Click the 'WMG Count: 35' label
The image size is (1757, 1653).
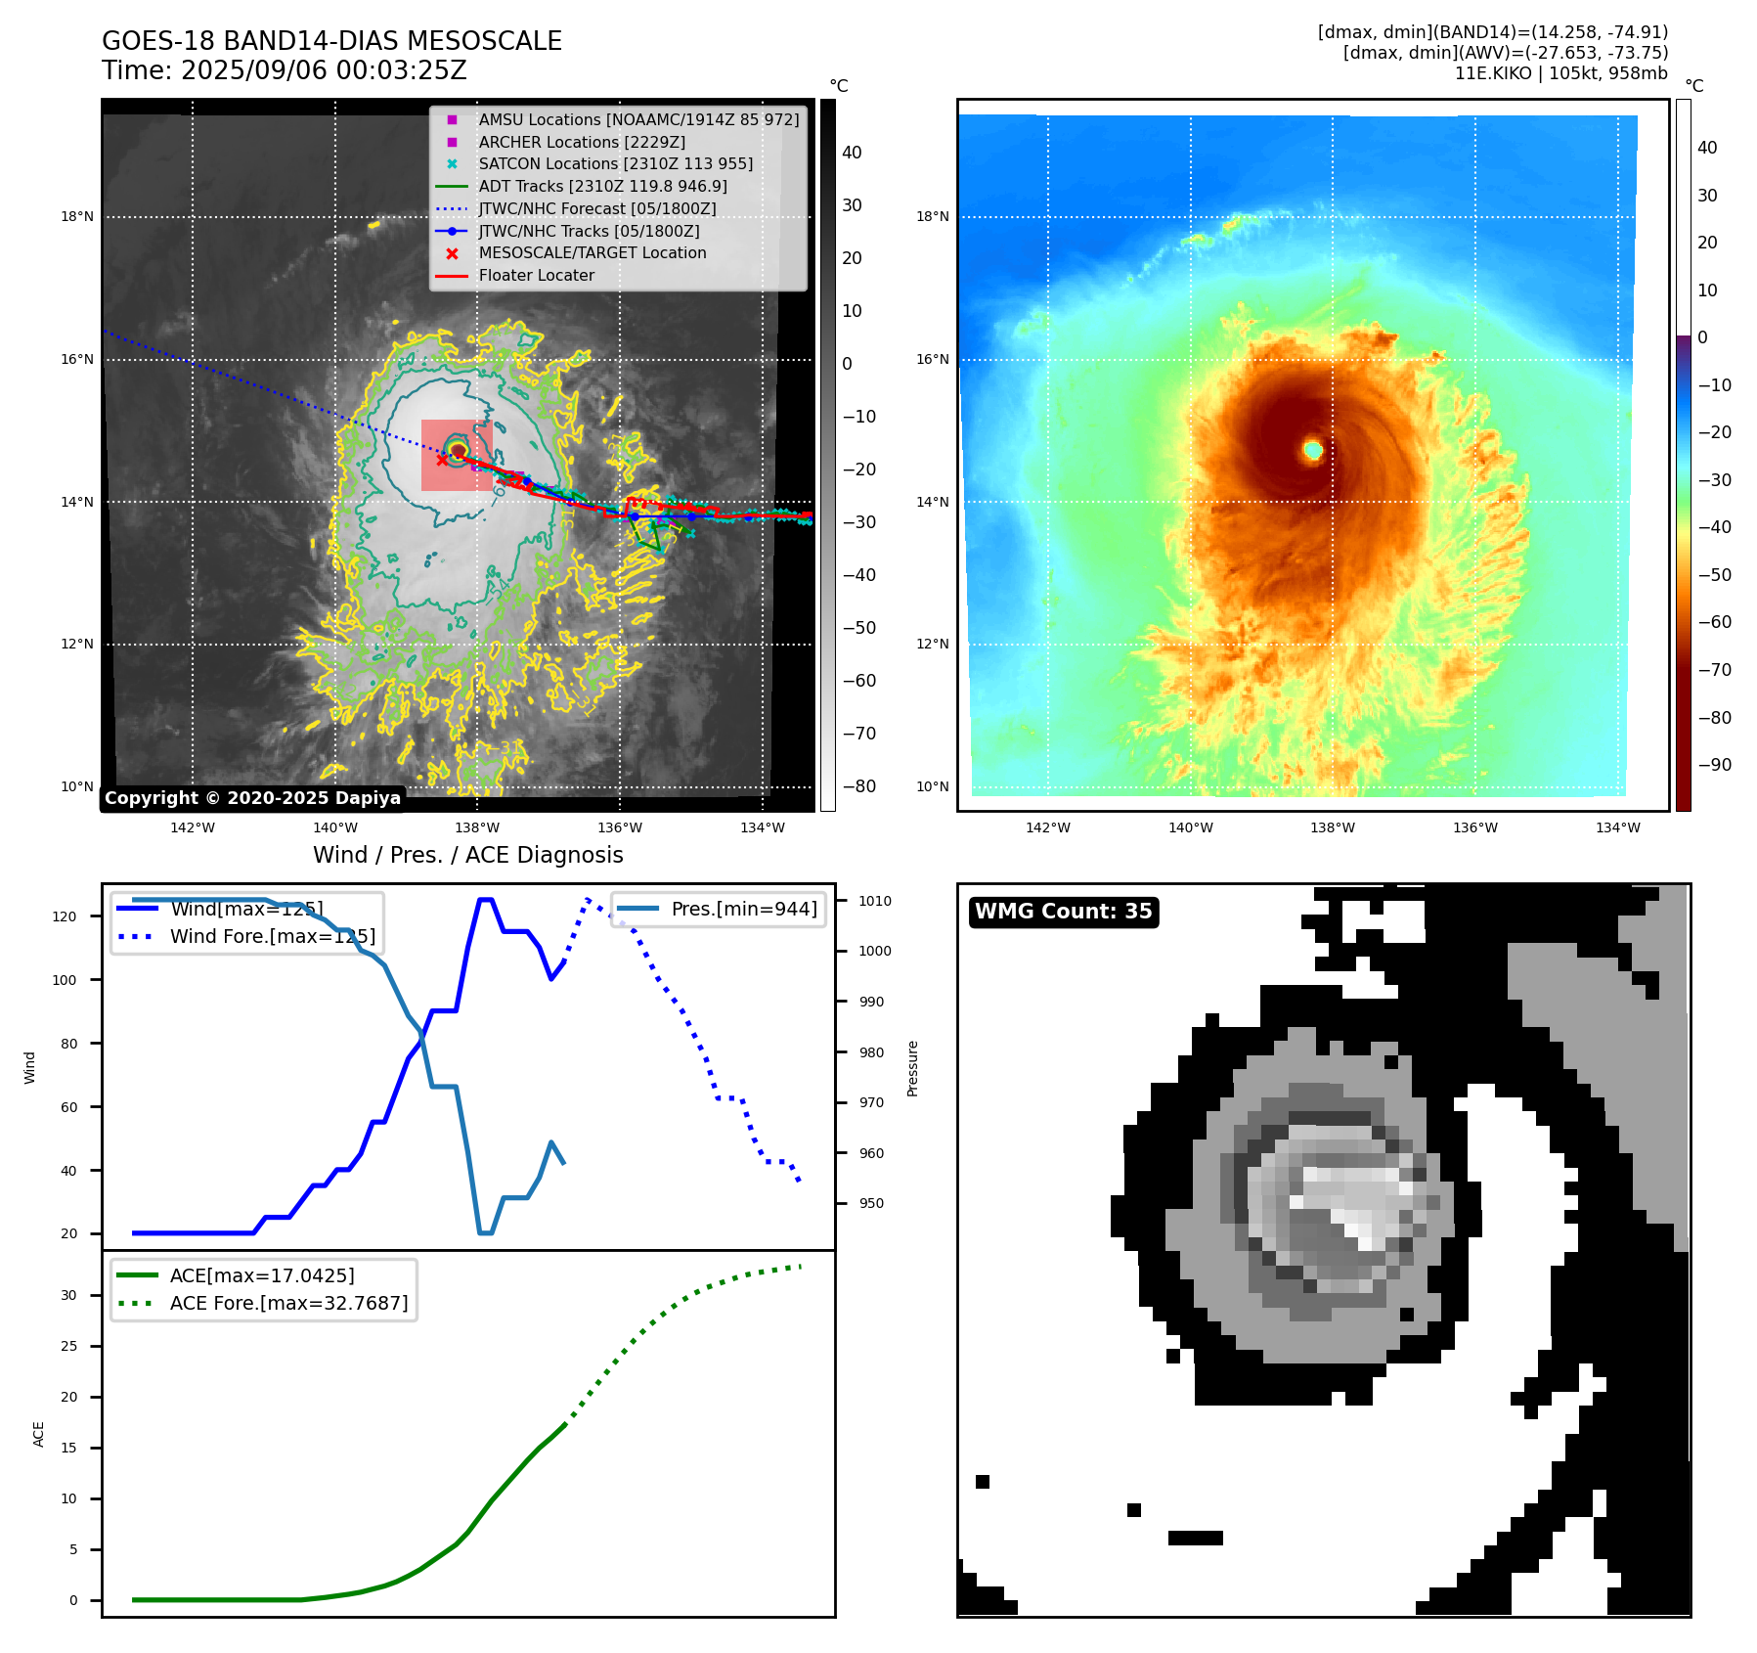[x=1063, y=912]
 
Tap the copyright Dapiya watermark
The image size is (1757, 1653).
[x=252, y=798]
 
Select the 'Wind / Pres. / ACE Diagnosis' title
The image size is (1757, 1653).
[x=467, y=855]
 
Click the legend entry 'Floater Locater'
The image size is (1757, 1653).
[x=536, y=276]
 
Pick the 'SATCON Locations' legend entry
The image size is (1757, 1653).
[x=615, y=164]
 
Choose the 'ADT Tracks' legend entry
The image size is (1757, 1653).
[x=602, y=187]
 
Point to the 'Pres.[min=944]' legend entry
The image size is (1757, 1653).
[x=743, y=909]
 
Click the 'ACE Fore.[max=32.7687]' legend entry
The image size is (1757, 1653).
[x=288, y=1303]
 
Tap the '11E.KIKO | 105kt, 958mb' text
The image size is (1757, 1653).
[x=1560, y=73]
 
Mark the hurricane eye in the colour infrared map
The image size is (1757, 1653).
[x=1312, y=450]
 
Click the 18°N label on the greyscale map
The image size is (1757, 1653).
[x=77, y=217]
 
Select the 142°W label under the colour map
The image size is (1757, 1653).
[x=1047, y=827]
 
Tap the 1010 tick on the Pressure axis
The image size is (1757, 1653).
[x=875, y=901]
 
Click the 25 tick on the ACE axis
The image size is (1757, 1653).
[x=68, y=1346]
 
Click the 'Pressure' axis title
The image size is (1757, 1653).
[x=912, y=1068]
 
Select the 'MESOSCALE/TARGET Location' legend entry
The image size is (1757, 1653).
[x=592, y=253]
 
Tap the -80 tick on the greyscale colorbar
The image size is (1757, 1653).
[x=859, y=786]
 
